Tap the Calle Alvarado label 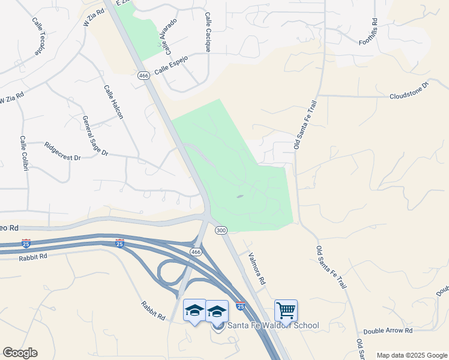(167, 33)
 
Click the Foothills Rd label (374, 29)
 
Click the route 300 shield (221, 230)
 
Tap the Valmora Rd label (256, 268)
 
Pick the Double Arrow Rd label (388, 331)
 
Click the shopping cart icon (286, 311)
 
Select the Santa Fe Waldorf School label (271, 325)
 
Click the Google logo (20, 353)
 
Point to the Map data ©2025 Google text (411, 355)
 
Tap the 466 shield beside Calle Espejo (143, 76)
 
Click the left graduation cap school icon (194, 311)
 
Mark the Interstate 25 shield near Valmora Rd (240, 306)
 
